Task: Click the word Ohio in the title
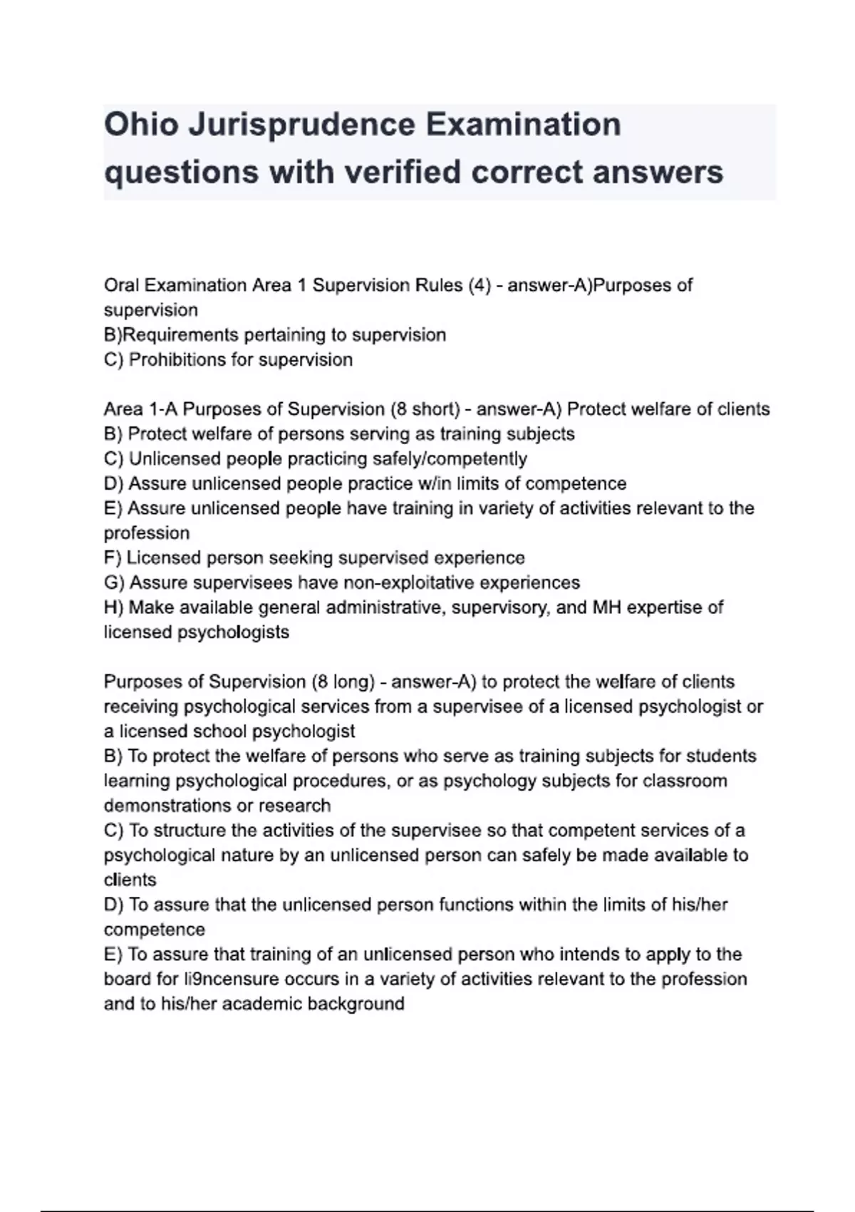[140, 125]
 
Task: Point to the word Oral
[122, 285]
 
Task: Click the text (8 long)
[343, 682]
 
